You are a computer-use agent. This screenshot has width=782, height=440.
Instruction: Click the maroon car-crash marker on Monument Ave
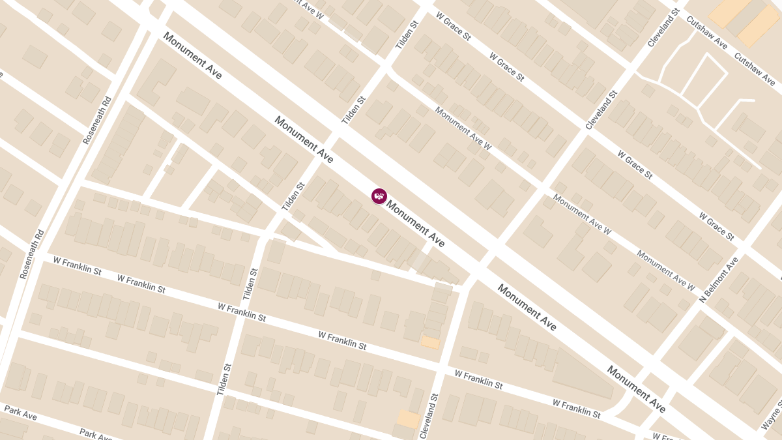click(x=379, y=196)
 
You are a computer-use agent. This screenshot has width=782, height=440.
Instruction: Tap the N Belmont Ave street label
click(x=719, y=280)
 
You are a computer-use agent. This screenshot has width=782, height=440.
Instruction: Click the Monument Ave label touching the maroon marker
click(x=416, y=224)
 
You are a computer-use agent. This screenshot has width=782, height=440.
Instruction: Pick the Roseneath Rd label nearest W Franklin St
click(x=33, y=254)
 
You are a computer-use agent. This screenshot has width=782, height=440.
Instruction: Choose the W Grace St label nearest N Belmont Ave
click(x=716, y=226)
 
